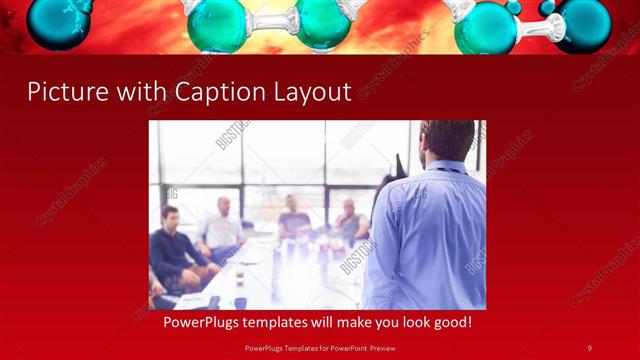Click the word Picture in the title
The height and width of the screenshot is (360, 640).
[x=63, y=92]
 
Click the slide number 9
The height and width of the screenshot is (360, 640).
[x=589, y=347]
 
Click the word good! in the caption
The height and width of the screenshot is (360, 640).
[x=448, y=323]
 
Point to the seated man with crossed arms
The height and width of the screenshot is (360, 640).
[x=349, y=221]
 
